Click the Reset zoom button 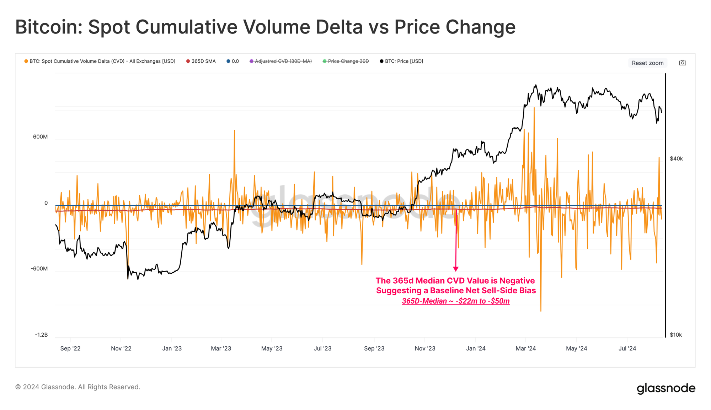pos(647,63)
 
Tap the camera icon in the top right pos(683,63)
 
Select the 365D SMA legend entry pos(201,61)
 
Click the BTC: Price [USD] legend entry pos(401,61)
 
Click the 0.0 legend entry pos(233,61)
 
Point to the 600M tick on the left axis pos(40,137)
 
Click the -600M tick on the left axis pos(39,269)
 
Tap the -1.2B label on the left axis pos(41,335)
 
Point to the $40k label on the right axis pos(676,159)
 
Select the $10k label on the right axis pos(676,335)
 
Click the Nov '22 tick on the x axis pos(121,348)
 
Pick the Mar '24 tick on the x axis pos(525,348)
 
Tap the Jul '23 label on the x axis pos(322,348)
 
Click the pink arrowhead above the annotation pos(456,269)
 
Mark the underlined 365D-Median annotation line pos(456,301)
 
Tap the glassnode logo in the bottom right pos(666,388)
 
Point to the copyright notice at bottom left pos(78,387)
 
